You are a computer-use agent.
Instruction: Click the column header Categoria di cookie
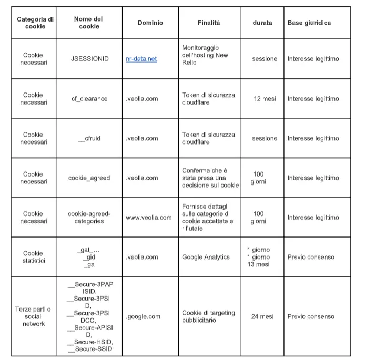[x=35, y=23]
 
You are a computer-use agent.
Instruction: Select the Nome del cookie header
[x=89, y=23]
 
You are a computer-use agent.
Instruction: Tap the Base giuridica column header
[x=309, y=23]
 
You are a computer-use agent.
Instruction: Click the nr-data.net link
[x=141, y=59]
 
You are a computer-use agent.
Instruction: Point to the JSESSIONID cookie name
[x=89, y=59]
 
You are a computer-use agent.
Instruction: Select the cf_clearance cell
[x=89, y=99]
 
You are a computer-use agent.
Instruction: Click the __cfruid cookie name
[x=89, y=138]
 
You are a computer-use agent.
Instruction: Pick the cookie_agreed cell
[x=89, y=178]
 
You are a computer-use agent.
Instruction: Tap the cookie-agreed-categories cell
[x=89, y=218]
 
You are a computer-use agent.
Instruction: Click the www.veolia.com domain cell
[x=148, y=218]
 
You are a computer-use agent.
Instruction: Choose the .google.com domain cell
[x=143, y=316]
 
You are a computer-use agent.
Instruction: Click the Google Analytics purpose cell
[x=206, y=257]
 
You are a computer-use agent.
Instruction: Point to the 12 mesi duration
[x=265, y=99]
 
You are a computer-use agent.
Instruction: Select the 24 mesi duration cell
[x=262, y=316]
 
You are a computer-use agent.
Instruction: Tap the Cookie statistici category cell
[x=33, y=257]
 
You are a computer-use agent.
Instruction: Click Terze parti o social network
[x=33, y=316]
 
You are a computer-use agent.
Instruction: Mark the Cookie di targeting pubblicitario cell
[x=208, y=316]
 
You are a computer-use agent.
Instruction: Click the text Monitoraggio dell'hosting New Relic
[x=205, y=55]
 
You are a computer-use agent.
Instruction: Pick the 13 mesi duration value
[x=258, y=264]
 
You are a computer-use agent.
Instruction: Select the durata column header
[x=262, y=23]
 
